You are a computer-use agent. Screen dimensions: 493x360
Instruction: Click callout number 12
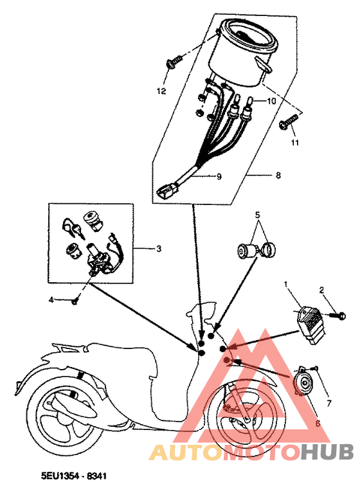[x=161, y=91]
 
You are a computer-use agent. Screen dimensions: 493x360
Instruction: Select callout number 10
[x=271, y=102]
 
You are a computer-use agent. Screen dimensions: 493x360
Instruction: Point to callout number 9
[x=218, y=176]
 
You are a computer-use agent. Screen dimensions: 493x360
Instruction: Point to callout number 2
[x=323, y=290]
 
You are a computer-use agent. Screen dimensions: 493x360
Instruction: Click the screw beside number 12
[x=174, y=62]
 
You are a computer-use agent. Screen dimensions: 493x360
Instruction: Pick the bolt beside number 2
[x=339, y=316]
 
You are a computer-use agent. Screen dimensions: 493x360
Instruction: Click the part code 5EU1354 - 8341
[x=73, y=478]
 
